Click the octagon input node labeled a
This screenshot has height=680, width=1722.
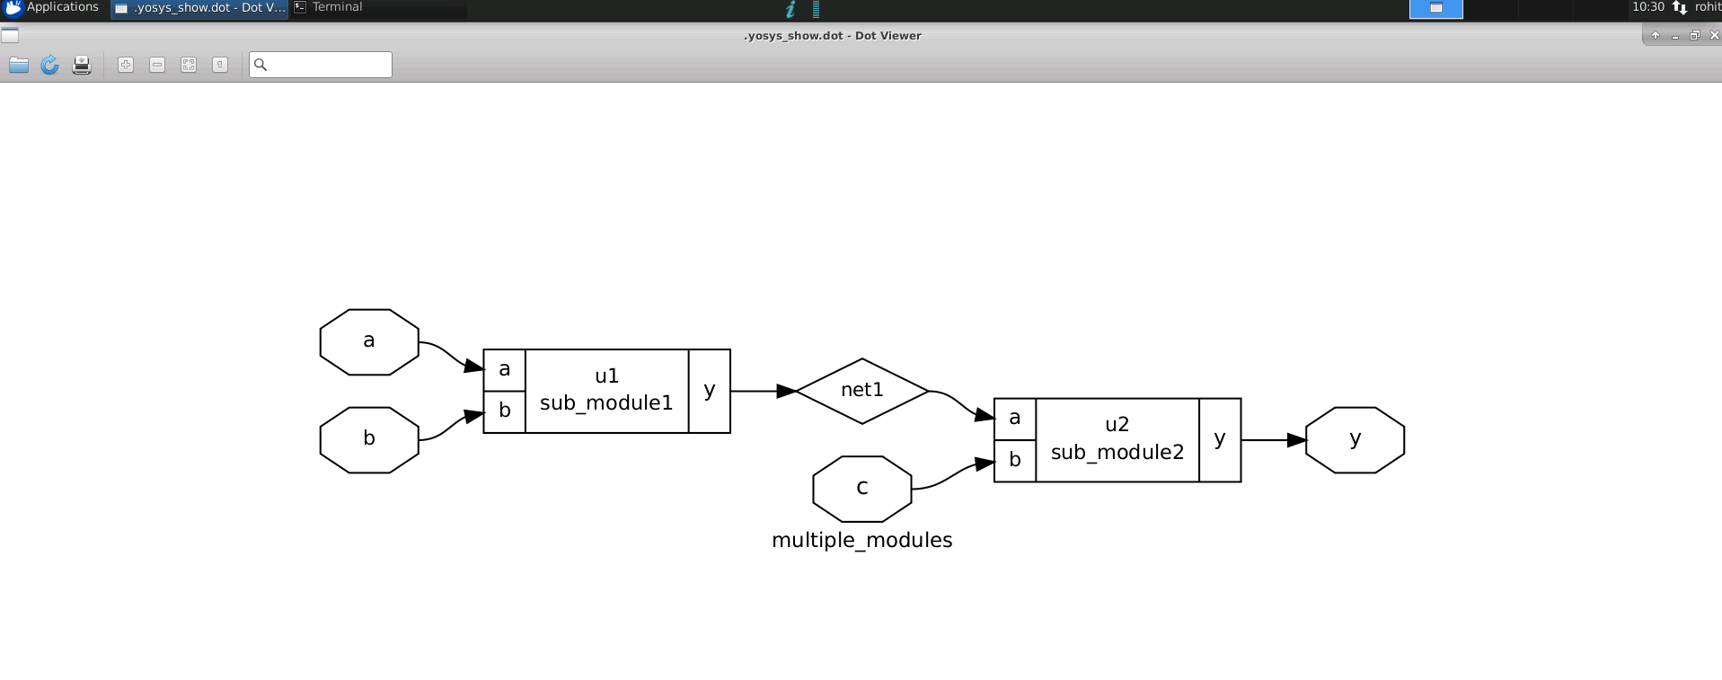pos(369,341)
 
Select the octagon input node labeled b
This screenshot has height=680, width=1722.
pos(369,439)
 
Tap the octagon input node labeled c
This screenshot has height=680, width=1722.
pos(861,488)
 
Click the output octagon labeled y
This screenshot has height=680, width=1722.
pos(1355,439)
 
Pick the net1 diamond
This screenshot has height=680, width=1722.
pos(861,391)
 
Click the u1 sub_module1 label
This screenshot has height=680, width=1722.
pos(606,390)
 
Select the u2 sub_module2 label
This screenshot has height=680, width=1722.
pos(1117,439)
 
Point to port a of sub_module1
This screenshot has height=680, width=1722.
pos(505,369)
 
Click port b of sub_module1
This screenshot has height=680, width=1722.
pos(505,411)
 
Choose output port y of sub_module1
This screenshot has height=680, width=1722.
pos(710,390)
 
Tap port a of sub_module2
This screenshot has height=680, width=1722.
pos(1015,419)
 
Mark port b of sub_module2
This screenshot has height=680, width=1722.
pos(1015,460)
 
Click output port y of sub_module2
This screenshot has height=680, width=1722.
pos(1220,439)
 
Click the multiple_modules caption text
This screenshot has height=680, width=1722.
pos(861,540)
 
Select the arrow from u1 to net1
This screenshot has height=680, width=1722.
pos(764,391)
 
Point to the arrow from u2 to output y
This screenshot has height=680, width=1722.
pos(1273,440)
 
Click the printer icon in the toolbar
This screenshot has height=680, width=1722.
pos(82,65)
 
